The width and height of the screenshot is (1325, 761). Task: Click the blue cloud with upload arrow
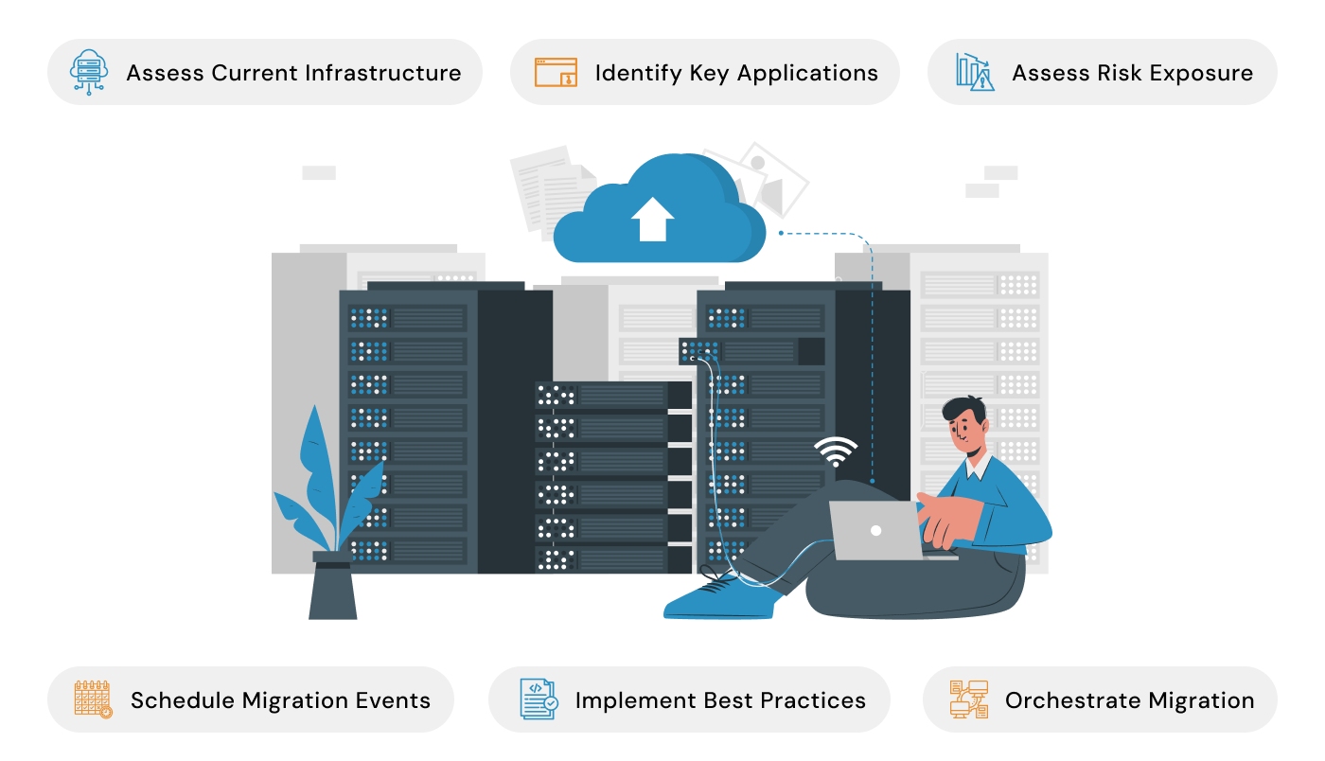pos(659,214)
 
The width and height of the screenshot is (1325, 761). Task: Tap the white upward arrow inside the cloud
pos(652,219)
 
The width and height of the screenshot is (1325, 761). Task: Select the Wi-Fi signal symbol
pos(835,452)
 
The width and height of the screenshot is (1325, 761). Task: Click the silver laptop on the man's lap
pos(875,530)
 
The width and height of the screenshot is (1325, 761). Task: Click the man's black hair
pos(965,411)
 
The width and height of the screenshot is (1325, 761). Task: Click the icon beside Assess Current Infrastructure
pos(89,72)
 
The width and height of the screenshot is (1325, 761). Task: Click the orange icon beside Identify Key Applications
pos(556,72)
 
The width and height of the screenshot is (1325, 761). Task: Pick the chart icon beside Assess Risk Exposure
pos(975,72)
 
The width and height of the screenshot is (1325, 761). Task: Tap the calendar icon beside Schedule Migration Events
pos(93,699)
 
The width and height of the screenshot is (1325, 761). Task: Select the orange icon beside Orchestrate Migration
pos(968,699)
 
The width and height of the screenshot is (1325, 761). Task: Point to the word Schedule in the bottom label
pos(183,700)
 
